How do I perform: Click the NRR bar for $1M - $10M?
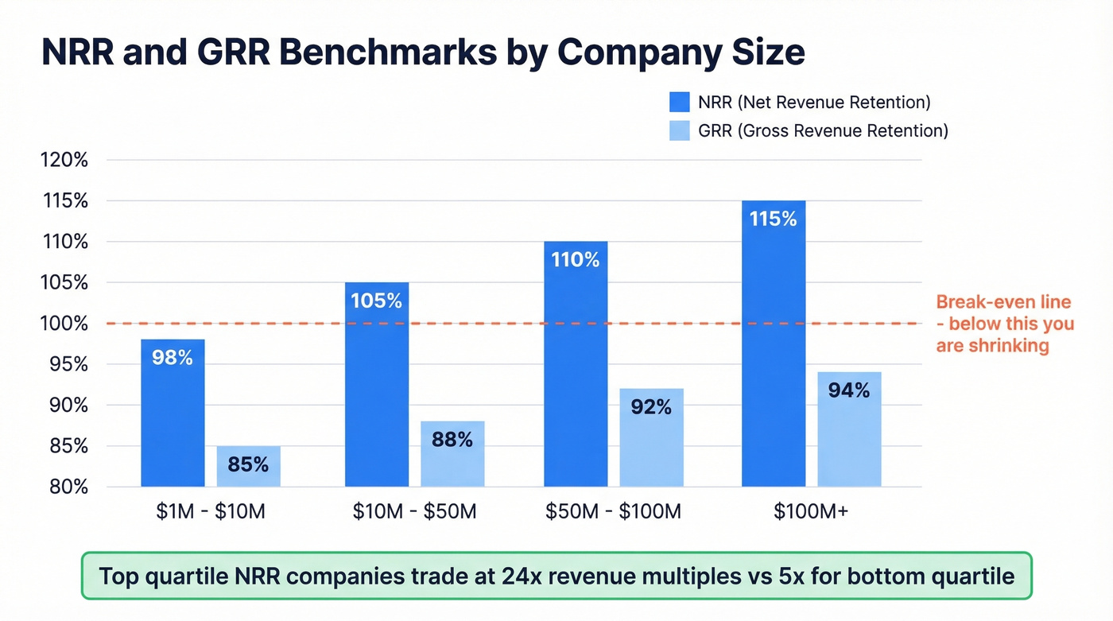173,413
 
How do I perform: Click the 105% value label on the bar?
376,301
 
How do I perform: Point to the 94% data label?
848,390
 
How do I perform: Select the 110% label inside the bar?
575,260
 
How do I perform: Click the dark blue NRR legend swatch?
680,102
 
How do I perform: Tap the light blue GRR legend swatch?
680,130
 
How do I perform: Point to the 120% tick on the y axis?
64,160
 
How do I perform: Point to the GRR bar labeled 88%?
452,454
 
